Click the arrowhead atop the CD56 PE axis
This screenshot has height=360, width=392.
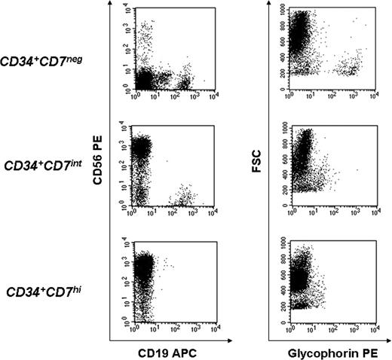(x=112, y=4)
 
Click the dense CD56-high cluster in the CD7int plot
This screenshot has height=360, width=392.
(x=141, y=147)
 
